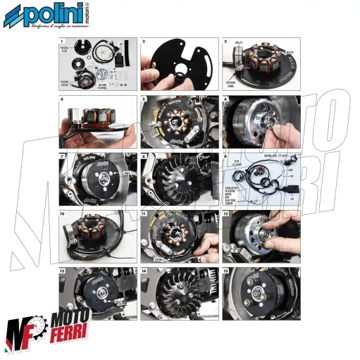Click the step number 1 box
tap(62, 42)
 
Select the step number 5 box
tap(144, 99)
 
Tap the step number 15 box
tap(226, 271)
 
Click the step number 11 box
tap(144, 213)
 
